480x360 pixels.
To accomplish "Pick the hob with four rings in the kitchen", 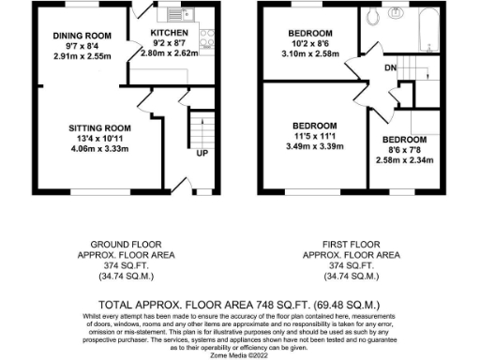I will (206, 37).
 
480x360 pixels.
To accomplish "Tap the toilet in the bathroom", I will (374, 16).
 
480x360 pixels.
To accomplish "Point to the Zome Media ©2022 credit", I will (240, 354).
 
